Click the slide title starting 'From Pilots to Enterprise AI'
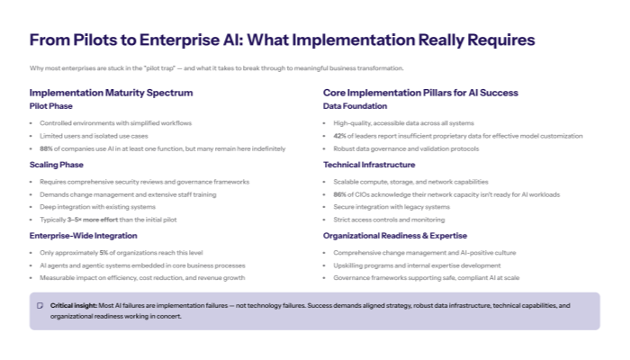coord(282,40)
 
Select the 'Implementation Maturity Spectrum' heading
coord(111,93)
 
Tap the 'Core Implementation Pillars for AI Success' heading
coord(420,93)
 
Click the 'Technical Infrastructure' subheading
coord(369,165)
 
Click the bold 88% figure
coord(45,148)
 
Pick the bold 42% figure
coord(339,135)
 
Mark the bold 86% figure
coord(339,193)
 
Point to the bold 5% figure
coord(103,253)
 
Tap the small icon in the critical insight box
coord(40,306)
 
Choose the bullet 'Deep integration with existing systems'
coord(97,207)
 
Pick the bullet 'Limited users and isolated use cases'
coord(94,135)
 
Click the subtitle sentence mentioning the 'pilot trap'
coord(217,68)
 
